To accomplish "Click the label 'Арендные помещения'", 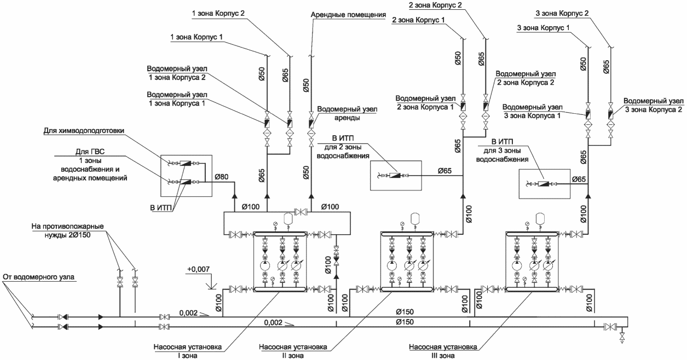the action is coord(348,15).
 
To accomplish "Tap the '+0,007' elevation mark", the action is coord(198,269).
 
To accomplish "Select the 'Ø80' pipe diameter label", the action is coord(221,177).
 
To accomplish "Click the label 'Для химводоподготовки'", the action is coord(84,131).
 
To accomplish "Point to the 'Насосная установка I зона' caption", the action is coord(187,351).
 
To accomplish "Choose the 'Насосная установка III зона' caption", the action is coord(443,351).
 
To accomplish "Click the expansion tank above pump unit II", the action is coord(415,218).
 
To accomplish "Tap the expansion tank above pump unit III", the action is coord(540,218).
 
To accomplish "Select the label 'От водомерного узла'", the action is coord(39,277).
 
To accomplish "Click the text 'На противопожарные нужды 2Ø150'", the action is coord(67,230).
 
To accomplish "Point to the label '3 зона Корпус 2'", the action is coord(562,13).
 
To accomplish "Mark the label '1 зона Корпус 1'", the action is coord(197,37).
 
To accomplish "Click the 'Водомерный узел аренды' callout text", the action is coord(347,113).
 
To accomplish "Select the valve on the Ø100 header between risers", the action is coord(301,212).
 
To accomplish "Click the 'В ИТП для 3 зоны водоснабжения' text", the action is coord(502,150).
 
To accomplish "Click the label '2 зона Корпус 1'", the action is coord(418,20).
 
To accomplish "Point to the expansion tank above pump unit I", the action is coord(288,218).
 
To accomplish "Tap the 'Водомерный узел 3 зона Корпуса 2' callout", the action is coord(654,105).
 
